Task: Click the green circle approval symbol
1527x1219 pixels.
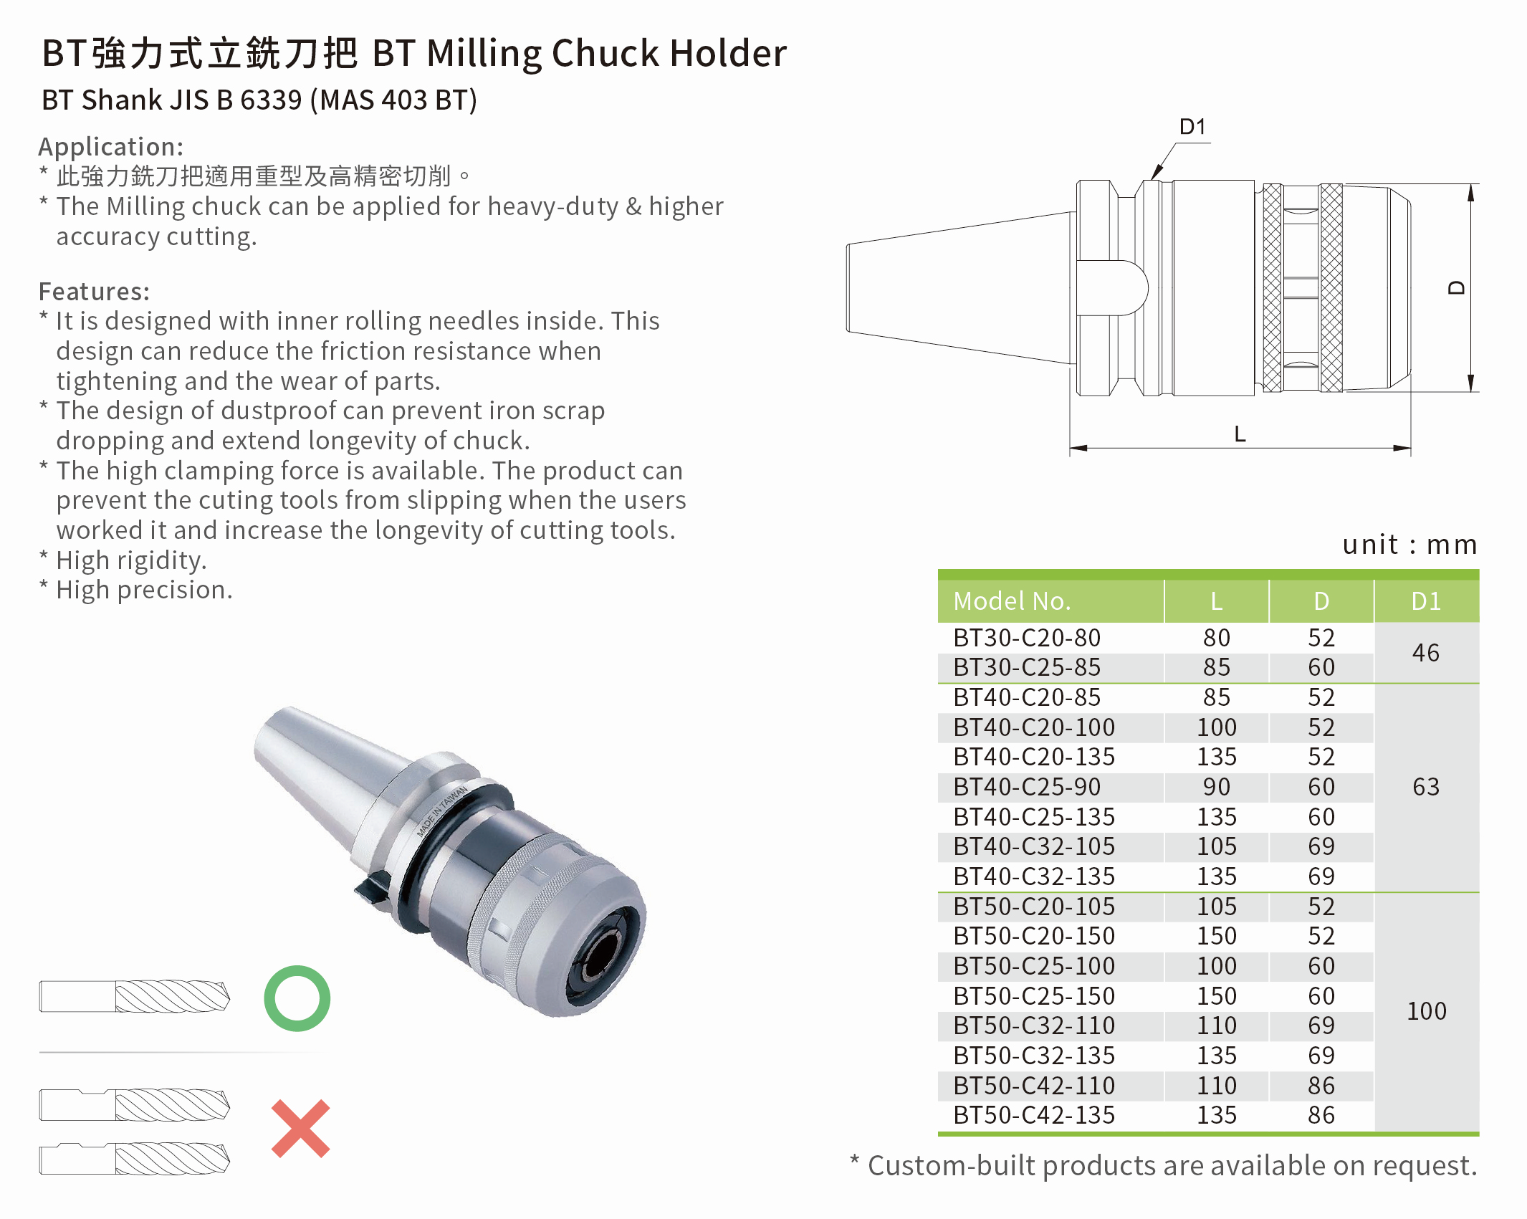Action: coord(297,998)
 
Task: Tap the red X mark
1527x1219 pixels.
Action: coord(300,1129)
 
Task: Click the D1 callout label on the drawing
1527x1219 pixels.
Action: coord(1192,127)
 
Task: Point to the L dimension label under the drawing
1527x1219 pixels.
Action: coord(1240,434)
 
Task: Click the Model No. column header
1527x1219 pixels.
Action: coord(1011,601)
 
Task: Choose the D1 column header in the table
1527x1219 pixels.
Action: coord(1425,601)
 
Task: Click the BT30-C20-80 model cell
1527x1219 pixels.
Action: coord(1026,638)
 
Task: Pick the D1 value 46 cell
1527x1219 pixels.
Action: coord(1425,653)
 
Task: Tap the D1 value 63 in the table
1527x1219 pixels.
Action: coord(1425,787)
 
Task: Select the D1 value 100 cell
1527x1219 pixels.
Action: coord(1426,1011)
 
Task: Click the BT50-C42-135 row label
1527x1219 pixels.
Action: coord(1033,1115)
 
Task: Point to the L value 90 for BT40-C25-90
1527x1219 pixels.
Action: coord(1216,787)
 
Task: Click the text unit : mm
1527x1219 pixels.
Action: coord(1409,545)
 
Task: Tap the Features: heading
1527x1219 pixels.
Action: coord(94,292)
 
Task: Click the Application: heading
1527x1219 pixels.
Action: coord(110,146)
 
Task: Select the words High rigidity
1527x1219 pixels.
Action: coord(131,560)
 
